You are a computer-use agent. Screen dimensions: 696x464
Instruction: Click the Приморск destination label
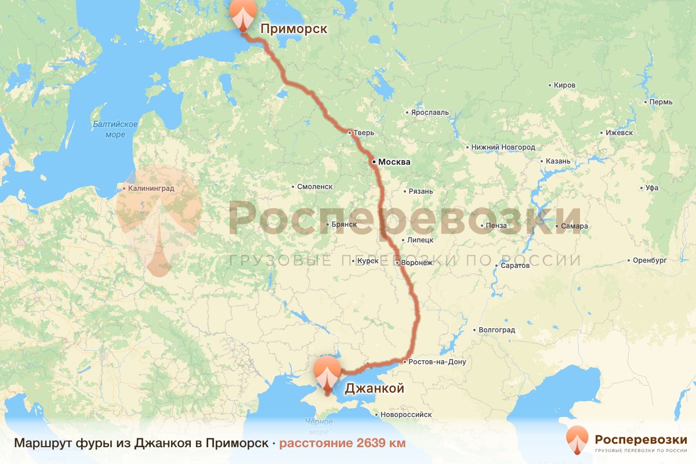293,29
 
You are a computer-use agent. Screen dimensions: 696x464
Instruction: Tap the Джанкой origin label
374,389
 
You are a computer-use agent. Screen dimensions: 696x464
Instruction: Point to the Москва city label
394,162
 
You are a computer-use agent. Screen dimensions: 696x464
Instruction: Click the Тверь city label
365,133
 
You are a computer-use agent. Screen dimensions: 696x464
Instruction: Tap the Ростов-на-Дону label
437,362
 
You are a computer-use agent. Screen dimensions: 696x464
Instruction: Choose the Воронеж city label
416,263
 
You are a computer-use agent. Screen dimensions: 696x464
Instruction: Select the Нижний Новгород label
503,147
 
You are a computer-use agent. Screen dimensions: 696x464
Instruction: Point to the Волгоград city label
496,330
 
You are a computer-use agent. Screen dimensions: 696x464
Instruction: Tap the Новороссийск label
406,415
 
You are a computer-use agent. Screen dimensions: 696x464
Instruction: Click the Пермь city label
661,102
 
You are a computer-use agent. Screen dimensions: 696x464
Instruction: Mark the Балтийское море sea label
115,129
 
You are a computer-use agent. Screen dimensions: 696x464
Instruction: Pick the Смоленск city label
314,187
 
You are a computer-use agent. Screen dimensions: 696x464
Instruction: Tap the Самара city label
574,226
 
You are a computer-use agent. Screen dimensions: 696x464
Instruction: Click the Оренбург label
650,260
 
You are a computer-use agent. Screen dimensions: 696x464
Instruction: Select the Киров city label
564,85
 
